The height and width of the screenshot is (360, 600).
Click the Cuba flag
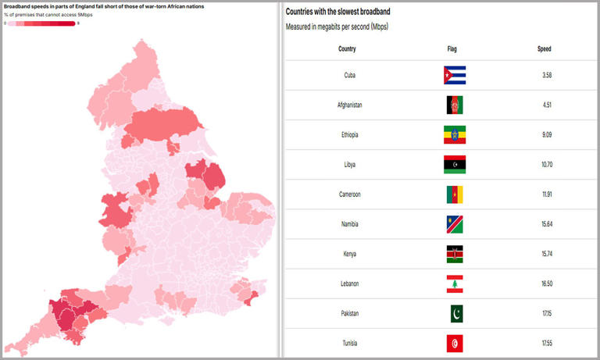455,75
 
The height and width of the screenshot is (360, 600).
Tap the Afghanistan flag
455,105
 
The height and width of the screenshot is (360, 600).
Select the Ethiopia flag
455,134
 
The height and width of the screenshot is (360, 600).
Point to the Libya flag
455,164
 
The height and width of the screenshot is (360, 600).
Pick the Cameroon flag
455,194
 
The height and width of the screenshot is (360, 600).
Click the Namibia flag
455,224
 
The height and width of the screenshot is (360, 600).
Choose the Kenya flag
455,254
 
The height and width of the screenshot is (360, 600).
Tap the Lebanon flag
455,283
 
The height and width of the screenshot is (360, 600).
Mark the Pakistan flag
455,313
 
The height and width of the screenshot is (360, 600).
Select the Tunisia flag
455,343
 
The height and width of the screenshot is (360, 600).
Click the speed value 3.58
547,75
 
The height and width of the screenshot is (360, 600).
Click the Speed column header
544,49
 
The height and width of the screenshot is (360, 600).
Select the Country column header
347,49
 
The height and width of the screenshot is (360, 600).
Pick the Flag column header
452,49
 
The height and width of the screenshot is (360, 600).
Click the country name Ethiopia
349,135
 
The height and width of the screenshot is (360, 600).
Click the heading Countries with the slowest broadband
338,12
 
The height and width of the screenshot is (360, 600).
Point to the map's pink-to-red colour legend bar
41,23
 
